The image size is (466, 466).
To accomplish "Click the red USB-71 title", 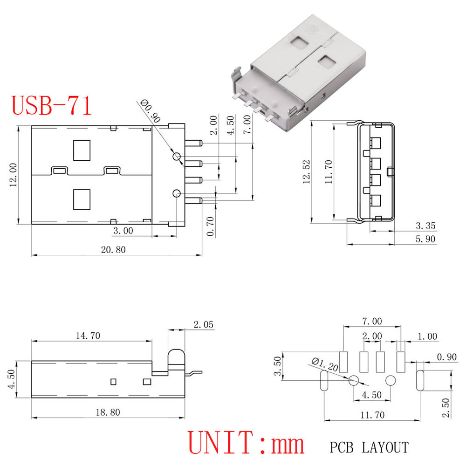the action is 51,106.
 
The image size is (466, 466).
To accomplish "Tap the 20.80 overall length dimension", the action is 113,250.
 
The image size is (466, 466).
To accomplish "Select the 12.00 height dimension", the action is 14,175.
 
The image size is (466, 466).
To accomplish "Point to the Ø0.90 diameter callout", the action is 151,111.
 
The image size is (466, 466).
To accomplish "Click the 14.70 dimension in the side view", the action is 88,336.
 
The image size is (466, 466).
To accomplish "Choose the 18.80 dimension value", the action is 108,412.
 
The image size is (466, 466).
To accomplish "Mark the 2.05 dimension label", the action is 204,324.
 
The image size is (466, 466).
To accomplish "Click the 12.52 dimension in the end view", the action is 307,172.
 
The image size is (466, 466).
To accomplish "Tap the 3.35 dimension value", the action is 425,226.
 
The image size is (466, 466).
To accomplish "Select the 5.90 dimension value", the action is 425,239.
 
